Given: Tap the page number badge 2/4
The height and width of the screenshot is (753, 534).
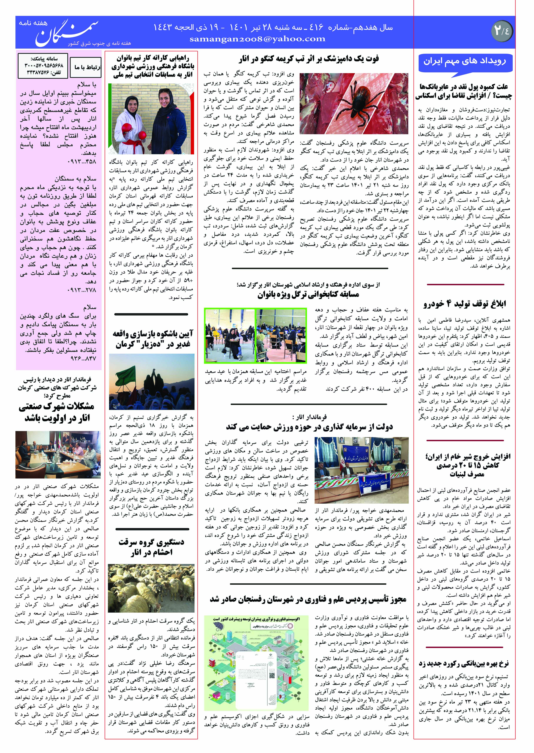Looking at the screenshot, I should point(502,31).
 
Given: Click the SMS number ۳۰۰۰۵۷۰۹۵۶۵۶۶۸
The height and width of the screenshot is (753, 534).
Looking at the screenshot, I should point(44,66).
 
